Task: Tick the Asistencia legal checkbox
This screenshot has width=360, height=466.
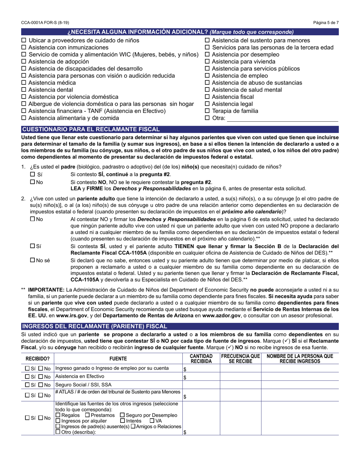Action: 207,104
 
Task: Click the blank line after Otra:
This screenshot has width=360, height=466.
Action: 282,118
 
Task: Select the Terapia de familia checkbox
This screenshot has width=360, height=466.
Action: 207,111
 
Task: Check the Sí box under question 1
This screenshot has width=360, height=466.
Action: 33,174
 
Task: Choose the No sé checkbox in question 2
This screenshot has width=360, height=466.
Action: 33,260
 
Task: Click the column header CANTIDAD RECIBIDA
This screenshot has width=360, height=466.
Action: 201,358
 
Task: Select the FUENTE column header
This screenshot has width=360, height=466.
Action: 118,358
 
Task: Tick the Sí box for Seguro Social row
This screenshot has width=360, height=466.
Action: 27,385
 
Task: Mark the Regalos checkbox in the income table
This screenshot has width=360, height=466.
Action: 58,415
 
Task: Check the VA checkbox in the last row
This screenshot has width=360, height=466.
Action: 152,421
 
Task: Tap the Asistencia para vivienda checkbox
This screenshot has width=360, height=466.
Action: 207,61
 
